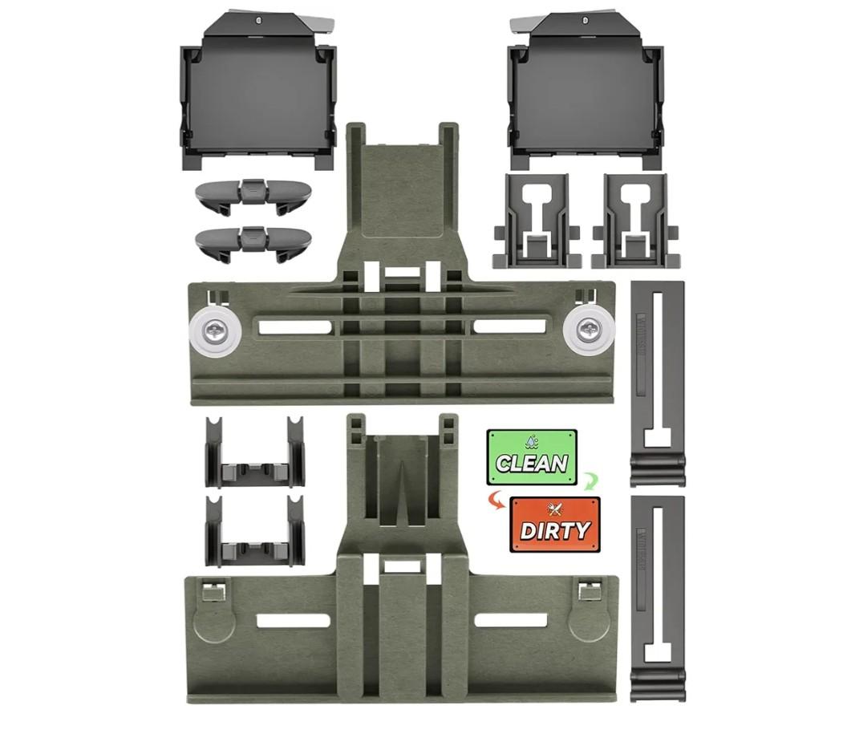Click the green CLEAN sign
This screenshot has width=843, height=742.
(x=531, y=457)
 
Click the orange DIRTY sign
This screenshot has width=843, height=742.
(x=554, y=525)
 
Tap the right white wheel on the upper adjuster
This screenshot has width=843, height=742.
(x=590, y=330)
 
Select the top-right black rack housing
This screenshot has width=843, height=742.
(x=586, y=89)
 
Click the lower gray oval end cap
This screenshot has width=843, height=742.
(x=253, y=241)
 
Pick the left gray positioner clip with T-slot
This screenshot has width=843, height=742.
(x=537, y=221)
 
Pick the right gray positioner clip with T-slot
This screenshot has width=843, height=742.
(x=635, y=221)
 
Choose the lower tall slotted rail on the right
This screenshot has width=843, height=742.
(x=657, y=598)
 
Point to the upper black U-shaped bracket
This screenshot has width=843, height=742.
(x=254, y=453)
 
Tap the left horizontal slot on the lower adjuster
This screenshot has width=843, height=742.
(x=293, y=620)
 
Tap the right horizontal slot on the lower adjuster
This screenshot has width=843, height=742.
(x=510, y=620)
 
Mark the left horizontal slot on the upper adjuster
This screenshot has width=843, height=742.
(x=293, y=326)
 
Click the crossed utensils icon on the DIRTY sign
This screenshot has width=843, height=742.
(x=553, y=509)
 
